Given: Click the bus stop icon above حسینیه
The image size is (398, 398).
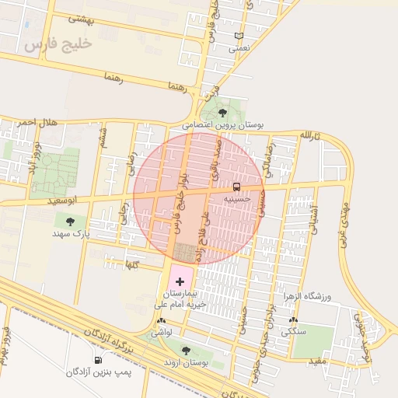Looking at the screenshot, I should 236,187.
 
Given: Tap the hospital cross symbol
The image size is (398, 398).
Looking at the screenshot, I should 180,281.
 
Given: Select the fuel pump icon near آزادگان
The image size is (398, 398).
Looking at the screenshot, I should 98,360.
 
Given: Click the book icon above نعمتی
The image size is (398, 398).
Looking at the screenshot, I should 239,36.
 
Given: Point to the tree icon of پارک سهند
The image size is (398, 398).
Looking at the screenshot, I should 71,222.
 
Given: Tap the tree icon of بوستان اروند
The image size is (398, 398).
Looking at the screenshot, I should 185,351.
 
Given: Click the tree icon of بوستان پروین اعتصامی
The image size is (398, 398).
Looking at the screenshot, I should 223,113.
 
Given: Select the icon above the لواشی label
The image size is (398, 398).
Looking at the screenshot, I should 161,320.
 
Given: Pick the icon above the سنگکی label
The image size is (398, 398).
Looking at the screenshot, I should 293,320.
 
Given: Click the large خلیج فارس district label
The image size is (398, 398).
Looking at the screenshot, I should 58,44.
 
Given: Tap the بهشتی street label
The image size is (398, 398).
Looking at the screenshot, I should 80,18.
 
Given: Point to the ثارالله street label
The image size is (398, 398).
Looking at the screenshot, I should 310,134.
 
